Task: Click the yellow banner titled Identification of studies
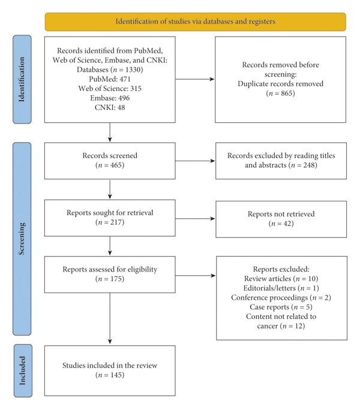196,22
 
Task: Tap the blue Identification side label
22,79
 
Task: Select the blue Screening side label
22,239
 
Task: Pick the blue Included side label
23,370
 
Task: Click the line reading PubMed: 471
110,79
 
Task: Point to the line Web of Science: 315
110,88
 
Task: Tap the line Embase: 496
110,98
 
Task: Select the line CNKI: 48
110,107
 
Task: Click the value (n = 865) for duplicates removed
280,93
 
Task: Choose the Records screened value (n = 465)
110,165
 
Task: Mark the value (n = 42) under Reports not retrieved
281,224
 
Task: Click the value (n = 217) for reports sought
110,222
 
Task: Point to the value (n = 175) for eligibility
110,279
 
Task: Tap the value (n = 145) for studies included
110,375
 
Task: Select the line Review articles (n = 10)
281,279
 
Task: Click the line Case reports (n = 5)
281,307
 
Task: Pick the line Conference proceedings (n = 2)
281,297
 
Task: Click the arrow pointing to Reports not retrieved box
195,219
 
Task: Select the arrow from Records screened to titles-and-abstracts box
195,161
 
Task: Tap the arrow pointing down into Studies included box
110,318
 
